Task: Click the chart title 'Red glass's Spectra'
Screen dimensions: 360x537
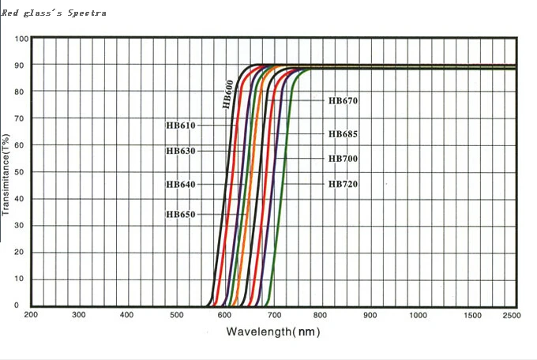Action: coord(54,13)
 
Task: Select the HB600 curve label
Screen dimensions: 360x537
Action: coord(228,93)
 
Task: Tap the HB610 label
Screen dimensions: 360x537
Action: coord(180,125)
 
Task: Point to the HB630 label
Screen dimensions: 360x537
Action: coord(180,150)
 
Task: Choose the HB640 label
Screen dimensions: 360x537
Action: coord(180,184)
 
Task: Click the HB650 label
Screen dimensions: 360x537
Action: coord(180,214)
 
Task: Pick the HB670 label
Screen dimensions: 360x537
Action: coord(344,101)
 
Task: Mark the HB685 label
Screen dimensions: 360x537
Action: coord(344,133)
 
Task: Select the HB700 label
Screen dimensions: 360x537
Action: coord(344,159)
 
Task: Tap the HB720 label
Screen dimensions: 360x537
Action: coord(344,184)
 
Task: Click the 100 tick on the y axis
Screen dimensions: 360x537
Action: coord(21,39)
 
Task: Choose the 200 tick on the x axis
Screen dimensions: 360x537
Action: coord(31,315)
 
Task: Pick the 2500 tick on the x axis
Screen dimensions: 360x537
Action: coord(511,315)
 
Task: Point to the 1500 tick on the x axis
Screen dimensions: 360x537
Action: coord(472,315)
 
